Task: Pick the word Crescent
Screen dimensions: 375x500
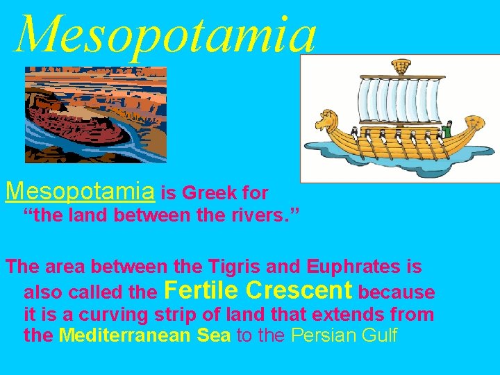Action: pos(299,290)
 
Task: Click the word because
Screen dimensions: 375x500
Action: pos(397,292)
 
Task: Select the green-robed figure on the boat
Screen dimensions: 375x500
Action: pos(448,129)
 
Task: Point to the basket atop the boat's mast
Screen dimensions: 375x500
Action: pos(400,67)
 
